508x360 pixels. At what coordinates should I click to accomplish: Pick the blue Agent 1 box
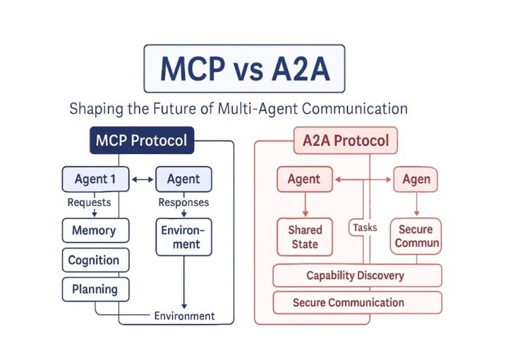[x=95, y=179]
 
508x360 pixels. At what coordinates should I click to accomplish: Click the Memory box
[x=94, y=230]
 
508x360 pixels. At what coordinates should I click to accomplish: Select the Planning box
[x=94, y=289]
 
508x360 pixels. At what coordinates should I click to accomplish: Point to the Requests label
[x=89, y=202]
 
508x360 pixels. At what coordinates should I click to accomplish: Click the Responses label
[x=183, y=202]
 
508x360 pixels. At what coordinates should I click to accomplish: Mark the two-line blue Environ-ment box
[x=183, y=237]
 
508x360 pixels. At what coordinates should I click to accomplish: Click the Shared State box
[x=305, y=236]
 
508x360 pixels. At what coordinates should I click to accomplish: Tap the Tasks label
[x=364, y=227]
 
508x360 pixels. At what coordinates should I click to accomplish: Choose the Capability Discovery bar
[x=357, y=275]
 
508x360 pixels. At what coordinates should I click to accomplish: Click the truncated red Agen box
[x=416, y=179]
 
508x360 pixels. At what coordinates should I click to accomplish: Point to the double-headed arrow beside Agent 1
[x=143, y=180]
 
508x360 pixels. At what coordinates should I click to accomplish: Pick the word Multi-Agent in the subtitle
[x=271, y=109]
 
